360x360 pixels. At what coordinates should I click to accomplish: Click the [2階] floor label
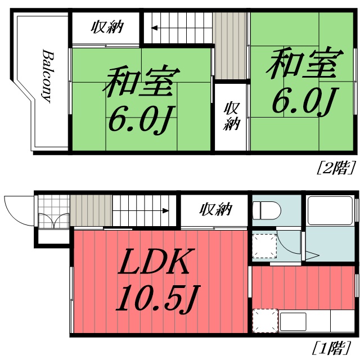[336, 166]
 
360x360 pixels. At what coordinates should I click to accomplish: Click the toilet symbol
[267, 211]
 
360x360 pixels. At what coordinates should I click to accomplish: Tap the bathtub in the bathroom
[330, 213]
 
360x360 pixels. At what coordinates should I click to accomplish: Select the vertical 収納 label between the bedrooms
[231, 116]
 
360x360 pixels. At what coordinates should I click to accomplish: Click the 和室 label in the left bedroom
[141, 82]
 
